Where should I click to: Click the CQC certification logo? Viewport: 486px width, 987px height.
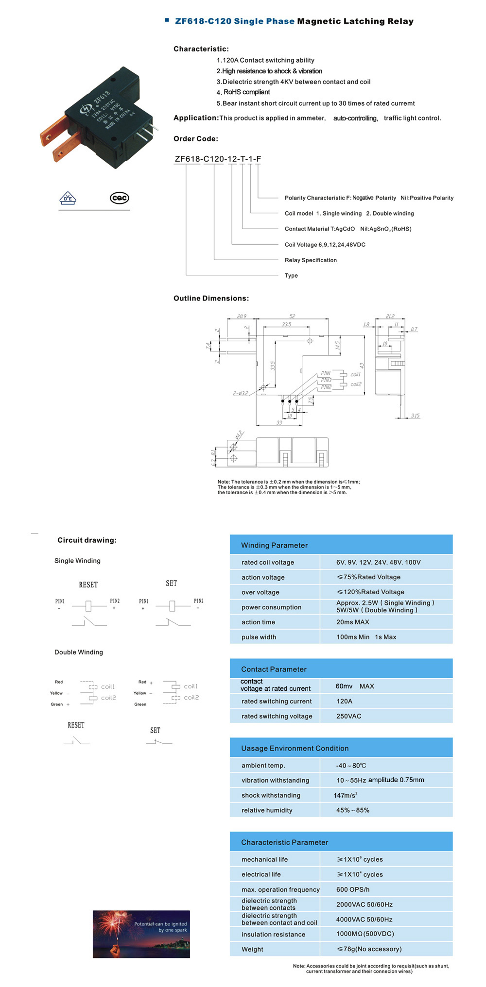[x=119, y=198]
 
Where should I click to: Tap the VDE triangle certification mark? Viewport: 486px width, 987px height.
[x=68, y=198]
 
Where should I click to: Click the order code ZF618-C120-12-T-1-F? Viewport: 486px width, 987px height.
[x=218, y=159]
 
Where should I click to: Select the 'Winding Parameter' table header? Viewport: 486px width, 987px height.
[x=274, y=545]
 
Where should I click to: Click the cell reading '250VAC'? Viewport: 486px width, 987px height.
[x=348, y=716]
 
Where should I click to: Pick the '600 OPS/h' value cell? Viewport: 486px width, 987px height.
[x=353, y=889]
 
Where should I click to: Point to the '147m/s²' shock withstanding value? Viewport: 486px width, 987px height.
[x=345, y=795]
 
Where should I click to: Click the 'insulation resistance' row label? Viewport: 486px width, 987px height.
[x=273, y=934]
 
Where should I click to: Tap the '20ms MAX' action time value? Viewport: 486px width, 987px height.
[x=352, y=622]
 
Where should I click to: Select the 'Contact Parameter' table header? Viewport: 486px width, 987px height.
[x=274, y=669]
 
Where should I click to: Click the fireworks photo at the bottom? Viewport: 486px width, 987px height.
[x=141, y=934]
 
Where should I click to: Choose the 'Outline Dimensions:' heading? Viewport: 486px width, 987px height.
[x=211, y=298]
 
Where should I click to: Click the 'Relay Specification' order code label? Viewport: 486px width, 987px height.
[x=311, y=260]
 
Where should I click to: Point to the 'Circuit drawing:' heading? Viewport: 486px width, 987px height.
[x=87, y=540]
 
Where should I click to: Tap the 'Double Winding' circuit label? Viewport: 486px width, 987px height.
[x=79, y=652]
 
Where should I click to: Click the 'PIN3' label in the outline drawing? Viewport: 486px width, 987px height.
[x=326, y=380]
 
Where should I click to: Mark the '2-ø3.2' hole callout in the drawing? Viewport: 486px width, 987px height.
[x=240, y=393]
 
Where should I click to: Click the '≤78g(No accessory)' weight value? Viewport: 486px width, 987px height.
[x=369, y=949]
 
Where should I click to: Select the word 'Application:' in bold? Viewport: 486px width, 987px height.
[x=196, y=118]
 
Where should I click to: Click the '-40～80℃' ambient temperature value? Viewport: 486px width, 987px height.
[x=351, y=766]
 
